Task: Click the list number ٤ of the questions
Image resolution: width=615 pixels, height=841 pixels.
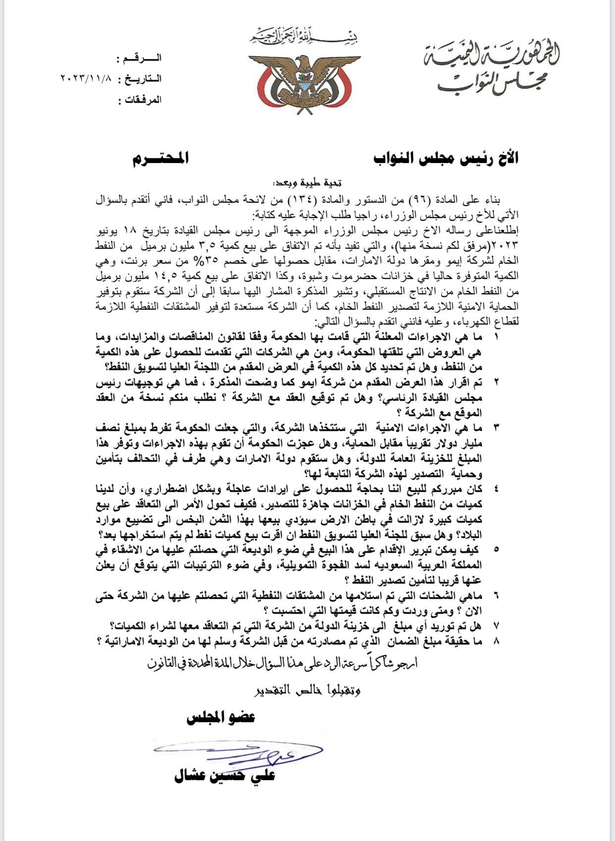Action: [x=497, y=488]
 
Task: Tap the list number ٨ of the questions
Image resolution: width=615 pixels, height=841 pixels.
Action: [x=497, y=640]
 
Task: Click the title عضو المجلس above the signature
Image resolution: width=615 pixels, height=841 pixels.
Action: [x=221, y=717]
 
